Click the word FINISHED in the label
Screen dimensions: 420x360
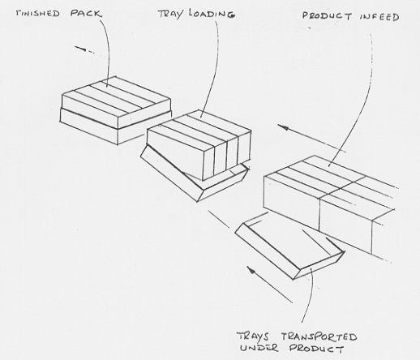click(x=37, y=14)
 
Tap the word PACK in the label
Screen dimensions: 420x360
click(x=86, y=13)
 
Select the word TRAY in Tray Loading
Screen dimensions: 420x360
click(x=170, y=14)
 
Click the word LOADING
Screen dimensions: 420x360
click(x=212, y=14)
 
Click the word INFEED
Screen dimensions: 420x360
click(x=379, y=17)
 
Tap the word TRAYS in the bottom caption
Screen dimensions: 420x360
click(x=253, y=336)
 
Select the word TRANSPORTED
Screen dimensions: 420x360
click(x=319, y=336)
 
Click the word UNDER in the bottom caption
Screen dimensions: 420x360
click(x=259, y=348)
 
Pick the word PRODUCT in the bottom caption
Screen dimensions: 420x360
click(x=316, y=349)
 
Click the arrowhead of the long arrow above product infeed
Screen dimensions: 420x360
click(x=282, y=126)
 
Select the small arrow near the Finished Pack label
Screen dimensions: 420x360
click(x=84, y=49)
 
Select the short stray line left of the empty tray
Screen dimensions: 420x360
click(x=219, y=219)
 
